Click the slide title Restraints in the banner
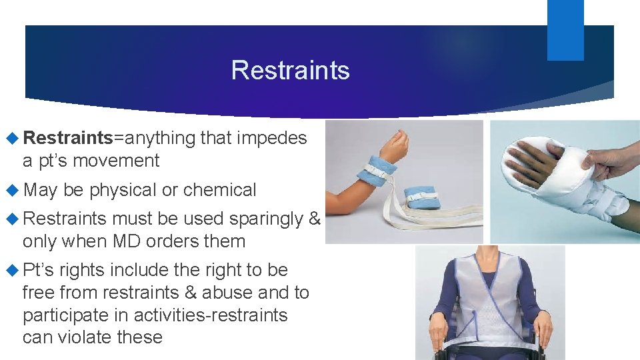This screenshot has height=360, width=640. (290, 70)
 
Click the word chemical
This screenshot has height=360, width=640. (219, 190)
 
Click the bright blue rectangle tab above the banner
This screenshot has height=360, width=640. (565, 29)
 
